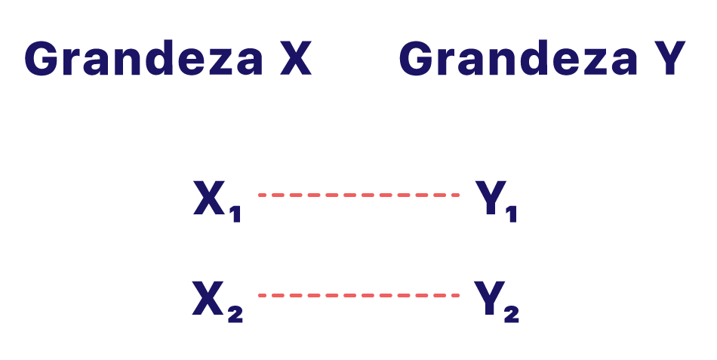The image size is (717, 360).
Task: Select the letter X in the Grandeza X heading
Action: point(296,59)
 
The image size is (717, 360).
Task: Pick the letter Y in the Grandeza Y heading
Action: point(669,59)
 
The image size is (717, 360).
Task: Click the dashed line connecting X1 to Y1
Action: point(358,195)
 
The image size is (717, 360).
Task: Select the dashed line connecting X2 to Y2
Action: point(358,295)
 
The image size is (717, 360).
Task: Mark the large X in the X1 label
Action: point(209,198)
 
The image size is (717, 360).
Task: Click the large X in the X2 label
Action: point(209,297)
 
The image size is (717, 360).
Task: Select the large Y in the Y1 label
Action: point(488,198)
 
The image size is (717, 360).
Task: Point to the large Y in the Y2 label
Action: point(488,297)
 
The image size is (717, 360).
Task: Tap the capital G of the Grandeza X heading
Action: point(42,59)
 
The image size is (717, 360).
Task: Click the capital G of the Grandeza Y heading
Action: point(416,59)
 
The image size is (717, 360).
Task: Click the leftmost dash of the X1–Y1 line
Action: point(263,195)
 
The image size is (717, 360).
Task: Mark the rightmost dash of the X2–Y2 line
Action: point(454,295)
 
